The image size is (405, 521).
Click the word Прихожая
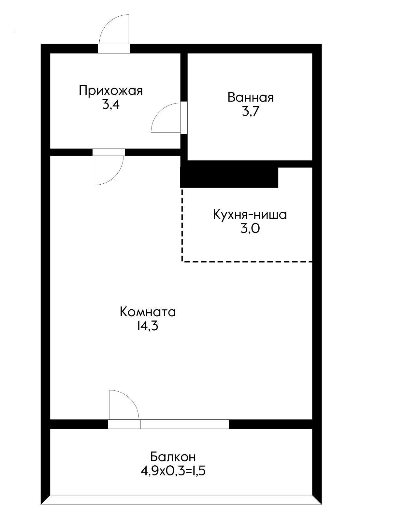[x=111, y=91]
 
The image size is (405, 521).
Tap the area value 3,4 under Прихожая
[x=111, y=105]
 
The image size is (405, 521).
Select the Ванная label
[x=250, y=97]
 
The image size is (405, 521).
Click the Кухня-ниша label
[x=250, y=215]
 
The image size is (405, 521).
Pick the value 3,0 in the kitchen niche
[x=250, y=229]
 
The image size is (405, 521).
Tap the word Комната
[x=148, y=312]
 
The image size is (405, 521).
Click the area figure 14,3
[x=148, y=326]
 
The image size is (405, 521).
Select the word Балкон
[x=173, y=457]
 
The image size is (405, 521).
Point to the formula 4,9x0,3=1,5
[x=173, y=471]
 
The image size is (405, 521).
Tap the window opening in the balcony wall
[x=185, y=424]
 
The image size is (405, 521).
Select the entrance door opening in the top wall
[x=114, y=49]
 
